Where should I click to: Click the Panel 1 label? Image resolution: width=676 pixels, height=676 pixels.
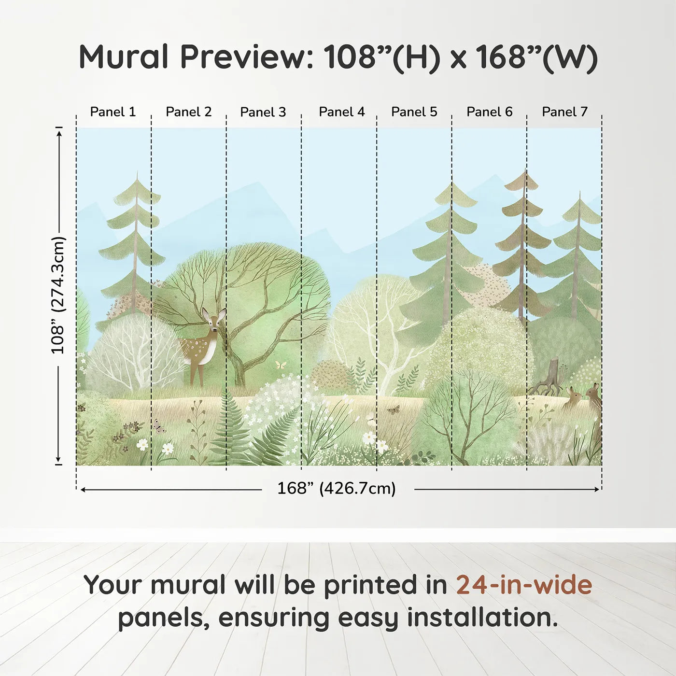point(113,112)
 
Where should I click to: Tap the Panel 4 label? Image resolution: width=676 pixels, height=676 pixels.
point(342,112)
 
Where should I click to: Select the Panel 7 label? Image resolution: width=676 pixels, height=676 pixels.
point(564,112)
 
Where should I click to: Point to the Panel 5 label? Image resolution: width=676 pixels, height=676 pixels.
point(414,112)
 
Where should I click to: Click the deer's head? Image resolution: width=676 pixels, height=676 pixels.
point(214,320)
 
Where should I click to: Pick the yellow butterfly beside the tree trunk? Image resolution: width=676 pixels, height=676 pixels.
point(281,365)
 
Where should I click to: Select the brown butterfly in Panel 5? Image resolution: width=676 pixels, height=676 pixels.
point(393,410)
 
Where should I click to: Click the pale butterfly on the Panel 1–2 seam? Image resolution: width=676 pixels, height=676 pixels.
point(158,425)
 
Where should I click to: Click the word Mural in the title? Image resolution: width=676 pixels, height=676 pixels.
point(124,57)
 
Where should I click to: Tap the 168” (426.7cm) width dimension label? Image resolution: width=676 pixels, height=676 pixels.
point(337,488)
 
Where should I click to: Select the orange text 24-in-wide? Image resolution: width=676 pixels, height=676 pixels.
point(524,585)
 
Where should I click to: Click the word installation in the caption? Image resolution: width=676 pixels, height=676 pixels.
point(482,618)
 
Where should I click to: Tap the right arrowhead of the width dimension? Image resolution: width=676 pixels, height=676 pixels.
point(597,489)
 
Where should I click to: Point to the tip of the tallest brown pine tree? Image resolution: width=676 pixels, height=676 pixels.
point(525,169)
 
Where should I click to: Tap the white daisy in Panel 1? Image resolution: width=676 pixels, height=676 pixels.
point(142,444)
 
